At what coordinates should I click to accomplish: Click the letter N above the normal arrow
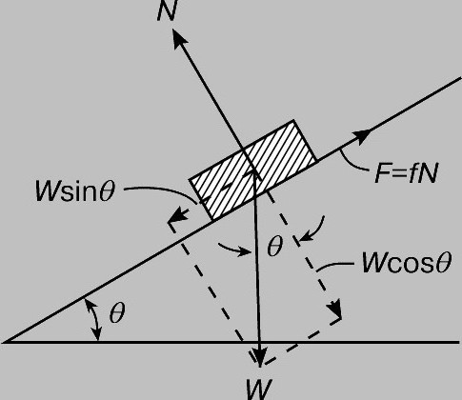coord(167,11)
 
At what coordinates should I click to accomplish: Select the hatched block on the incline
coord(253,170)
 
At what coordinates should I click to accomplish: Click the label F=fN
coord(407,173)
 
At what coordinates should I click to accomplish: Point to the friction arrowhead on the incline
coord(362,136)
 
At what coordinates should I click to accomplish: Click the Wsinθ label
coord(74,191)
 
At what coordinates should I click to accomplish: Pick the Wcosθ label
coord(407,263)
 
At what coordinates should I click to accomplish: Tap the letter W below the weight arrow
coord(259,390)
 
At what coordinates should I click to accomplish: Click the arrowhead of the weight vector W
coord(260,356)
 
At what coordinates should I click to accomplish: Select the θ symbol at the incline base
coord(117,312)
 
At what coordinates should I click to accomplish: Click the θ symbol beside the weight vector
coord(274,246)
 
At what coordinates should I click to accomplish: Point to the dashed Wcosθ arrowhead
coord(334,308)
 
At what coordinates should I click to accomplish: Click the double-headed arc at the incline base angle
coord(94,320)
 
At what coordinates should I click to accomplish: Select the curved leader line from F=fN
coord(355,162)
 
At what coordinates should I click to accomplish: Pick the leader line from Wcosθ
coord(334,266)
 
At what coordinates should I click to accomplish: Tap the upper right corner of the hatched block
coord(294,120)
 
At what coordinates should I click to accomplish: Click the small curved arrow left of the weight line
coord(234,250)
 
